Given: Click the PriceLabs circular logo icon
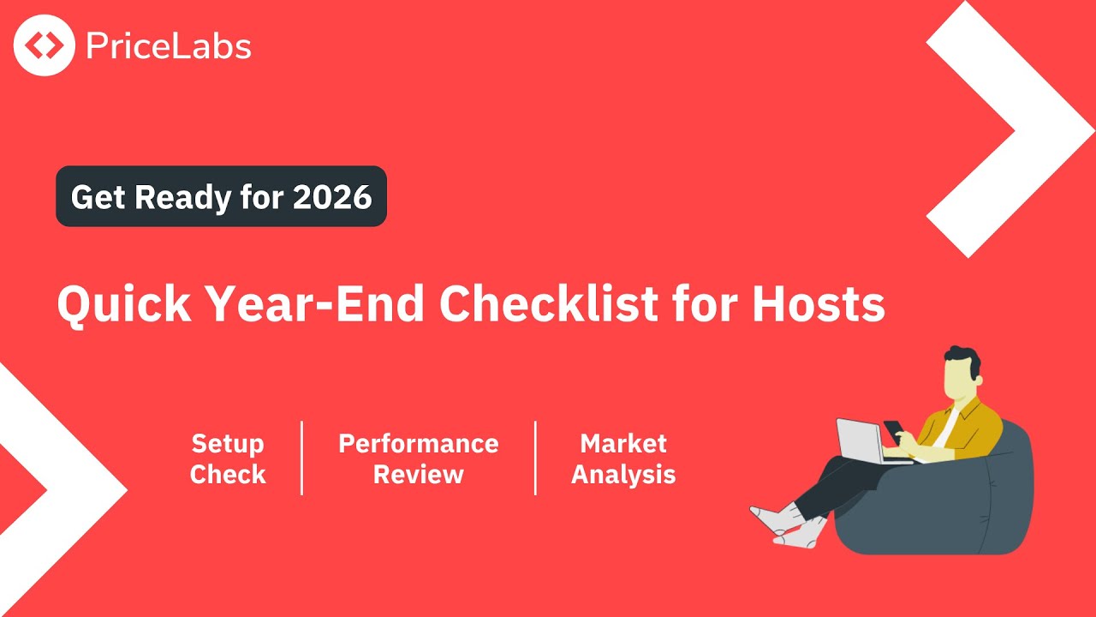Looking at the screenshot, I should click(x=44, y=45).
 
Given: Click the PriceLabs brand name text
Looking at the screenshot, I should click(x=169, y=45).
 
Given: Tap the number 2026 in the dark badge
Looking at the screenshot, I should click(x=332, y=197).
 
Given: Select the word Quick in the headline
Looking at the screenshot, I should click(x=124, y=303).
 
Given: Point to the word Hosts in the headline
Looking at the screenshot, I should click(x=819, y=303).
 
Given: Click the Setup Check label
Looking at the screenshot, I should click(x=228, y=458).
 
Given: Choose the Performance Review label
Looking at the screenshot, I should click(x=418, y=458).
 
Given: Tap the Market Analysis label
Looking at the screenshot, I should click(x=623, y=458).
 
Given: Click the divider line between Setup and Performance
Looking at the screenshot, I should click(x=302, y=458).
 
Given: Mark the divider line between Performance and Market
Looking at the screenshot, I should click(x=536, y=458).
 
